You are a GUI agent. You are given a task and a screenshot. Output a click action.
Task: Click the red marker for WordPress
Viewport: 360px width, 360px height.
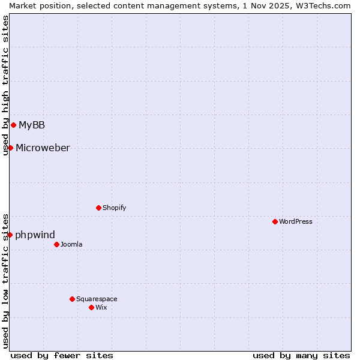point(275,221)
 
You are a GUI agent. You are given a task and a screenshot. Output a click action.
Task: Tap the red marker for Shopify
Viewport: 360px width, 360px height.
point(98,208)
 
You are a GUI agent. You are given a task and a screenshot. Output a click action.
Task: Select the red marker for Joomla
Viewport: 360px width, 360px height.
point(56,244)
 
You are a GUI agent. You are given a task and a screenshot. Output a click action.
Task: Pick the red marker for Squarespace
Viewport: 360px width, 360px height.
point(72,299)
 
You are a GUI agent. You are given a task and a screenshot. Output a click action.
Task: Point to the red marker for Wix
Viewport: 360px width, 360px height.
point(91,307)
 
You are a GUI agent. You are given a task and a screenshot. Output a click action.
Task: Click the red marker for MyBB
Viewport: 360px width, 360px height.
point(13,125)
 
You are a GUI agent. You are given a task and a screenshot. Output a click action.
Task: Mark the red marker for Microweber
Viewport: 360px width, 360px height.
point(10,148)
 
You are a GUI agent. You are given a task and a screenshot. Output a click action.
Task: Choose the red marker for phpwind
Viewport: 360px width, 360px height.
point(10,235)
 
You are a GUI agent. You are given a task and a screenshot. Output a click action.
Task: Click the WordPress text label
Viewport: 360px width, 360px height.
point(296,221)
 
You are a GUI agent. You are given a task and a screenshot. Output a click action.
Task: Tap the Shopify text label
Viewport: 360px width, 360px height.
point(115,208)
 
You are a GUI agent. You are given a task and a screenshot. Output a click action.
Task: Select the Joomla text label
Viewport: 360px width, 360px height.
point(71,244)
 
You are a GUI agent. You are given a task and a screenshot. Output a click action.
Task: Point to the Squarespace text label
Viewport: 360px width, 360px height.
point(97,299)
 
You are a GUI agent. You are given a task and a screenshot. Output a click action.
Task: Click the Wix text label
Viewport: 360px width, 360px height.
point(101,307)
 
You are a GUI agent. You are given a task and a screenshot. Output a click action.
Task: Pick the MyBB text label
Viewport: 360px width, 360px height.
point(32,125)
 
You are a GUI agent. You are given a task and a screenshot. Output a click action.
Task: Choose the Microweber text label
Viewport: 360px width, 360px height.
point(43,148)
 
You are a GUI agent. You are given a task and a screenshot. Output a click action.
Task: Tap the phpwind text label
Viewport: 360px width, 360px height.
point(35,235)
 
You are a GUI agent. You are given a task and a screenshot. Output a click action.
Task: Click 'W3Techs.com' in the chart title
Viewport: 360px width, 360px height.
point(326,5)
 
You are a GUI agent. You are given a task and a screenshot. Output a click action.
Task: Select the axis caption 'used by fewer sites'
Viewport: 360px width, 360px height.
point(62,355)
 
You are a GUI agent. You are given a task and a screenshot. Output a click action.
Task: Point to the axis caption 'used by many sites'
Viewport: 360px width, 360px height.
point(301,355)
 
